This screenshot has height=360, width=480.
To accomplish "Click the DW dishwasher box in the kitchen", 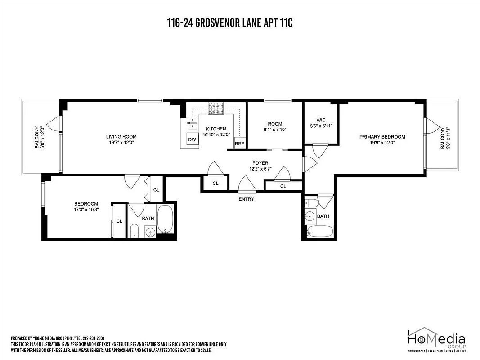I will (192, 139).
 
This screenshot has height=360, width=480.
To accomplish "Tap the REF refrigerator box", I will (239, 144).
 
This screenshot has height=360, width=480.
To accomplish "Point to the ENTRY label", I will (247, 199).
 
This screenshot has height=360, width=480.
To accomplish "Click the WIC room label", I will (321, 120).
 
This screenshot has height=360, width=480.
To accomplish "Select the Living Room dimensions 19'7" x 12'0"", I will (121, 143).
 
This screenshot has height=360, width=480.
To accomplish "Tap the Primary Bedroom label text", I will (382, 137).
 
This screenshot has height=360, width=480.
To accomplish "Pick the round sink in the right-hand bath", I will (310, 216).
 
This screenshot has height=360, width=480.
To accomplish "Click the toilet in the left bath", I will (134, 231).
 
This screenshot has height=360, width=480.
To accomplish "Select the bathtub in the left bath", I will (165, 220).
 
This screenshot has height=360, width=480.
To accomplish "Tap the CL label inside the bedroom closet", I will (119, 221).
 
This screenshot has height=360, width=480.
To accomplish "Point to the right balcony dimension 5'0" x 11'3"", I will (448, 138).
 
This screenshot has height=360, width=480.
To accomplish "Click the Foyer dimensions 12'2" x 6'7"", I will (260, 169).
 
